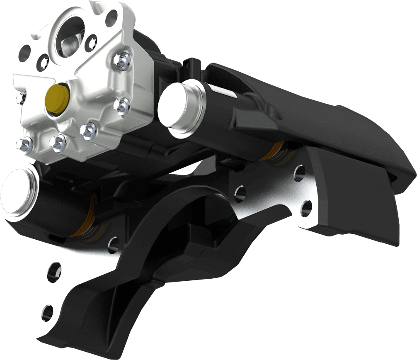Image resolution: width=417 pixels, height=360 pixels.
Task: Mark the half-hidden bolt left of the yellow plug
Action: (21, 98)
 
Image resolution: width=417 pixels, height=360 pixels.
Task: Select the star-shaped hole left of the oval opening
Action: (43, 62)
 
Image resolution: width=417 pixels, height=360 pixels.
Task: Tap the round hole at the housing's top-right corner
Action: (111, 18)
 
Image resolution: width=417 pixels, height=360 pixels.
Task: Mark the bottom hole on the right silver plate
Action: (306, 208)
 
